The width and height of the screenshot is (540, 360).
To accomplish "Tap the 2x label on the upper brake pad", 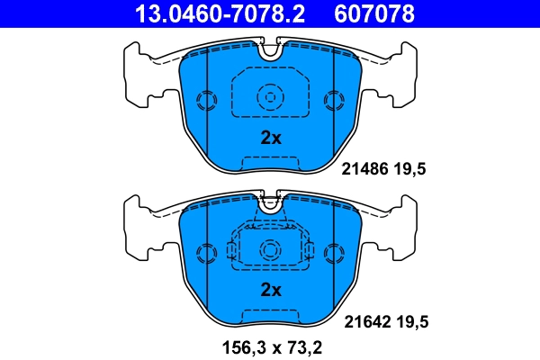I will coord(271,139).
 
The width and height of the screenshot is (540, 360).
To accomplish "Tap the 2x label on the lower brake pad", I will coord(271,290).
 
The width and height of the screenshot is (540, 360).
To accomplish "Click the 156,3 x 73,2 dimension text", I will coord(270,346).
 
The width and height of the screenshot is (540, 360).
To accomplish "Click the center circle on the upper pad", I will coord(270,97).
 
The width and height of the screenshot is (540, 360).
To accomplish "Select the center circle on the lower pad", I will coord(270,249).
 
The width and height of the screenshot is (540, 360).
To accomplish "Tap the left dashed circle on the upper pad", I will coord(206,99).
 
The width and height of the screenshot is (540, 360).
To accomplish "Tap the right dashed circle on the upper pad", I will coord(335,99).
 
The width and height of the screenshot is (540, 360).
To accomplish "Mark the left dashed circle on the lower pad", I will coord(206,251).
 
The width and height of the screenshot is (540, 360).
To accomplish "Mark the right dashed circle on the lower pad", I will coord(335,251).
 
